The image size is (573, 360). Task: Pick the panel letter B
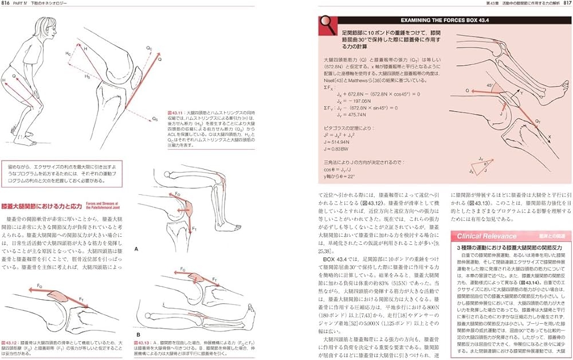coord(137,333)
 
